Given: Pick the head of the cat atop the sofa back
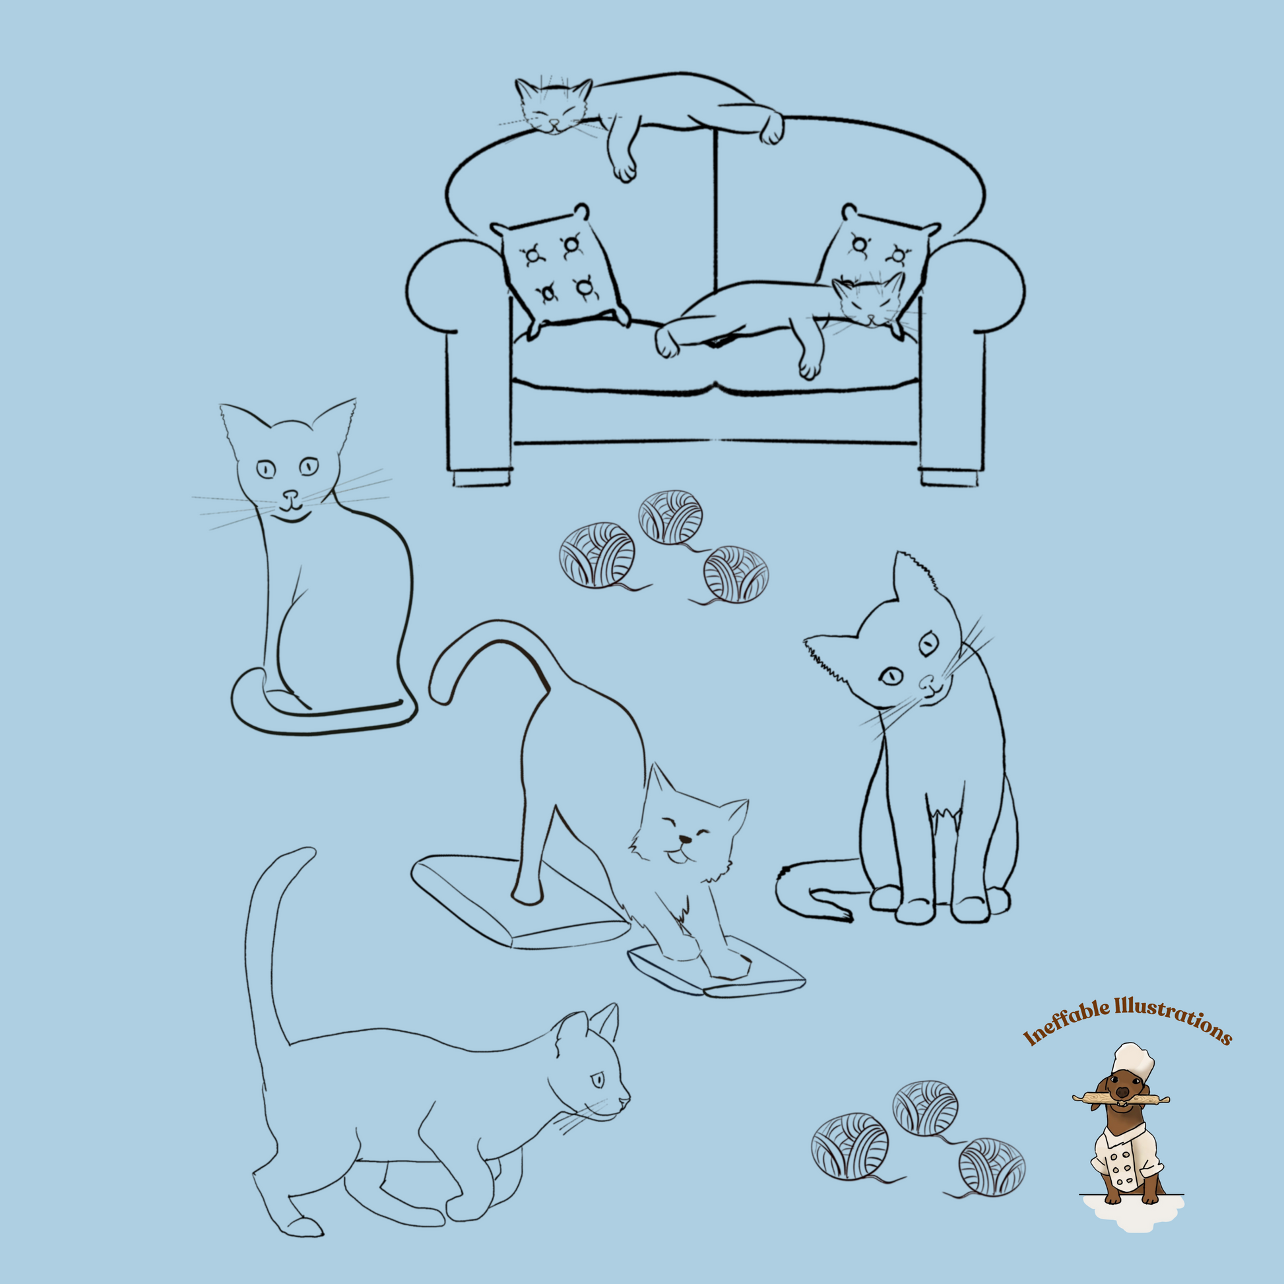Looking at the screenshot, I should tap(554, 106).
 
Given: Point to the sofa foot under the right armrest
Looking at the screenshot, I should tap(948, 478).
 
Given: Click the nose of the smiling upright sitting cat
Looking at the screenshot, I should tap(290, 495).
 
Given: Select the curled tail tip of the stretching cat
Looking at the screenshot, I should tap(440, 691).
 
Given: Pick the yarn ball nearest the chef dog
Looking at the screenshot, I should tap(992, 1167).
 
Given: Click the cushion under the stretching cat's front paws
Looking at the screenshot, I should tap(718, 975).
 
